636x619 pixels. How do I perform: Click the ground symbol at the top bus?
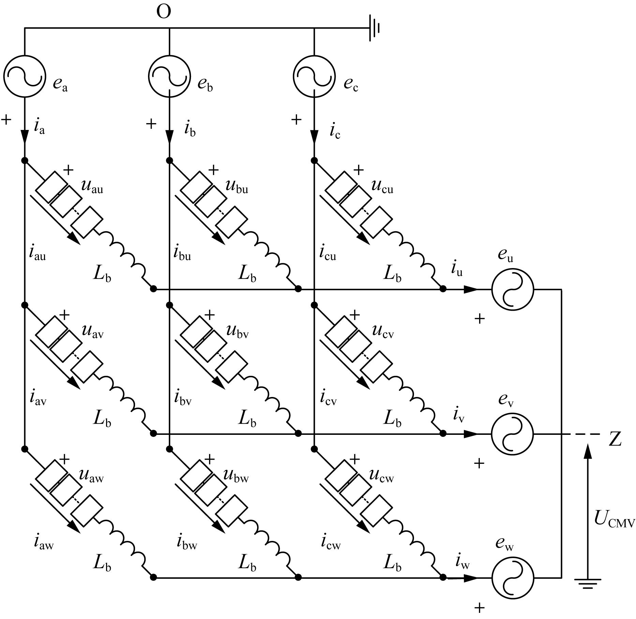[374, 28]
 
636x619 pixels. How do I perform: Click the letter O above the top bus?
[164, 12]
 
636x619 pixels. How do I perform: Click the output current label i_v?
[459, 415]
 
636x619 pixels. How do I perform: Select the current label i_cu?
[327, 253]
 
